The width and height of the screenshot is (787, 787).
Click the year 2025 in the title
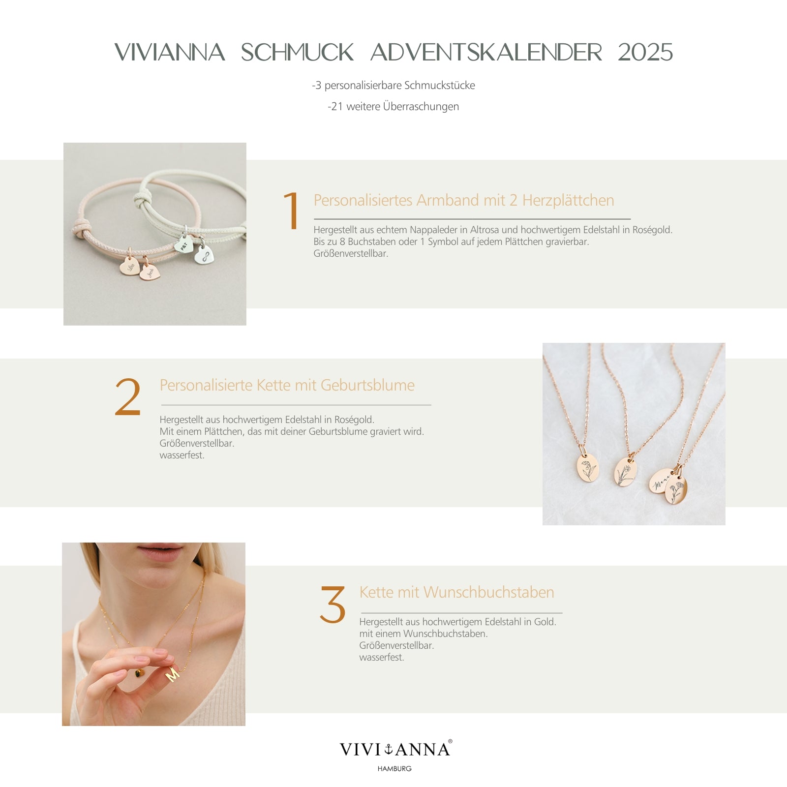pyautogui.click(x=645, y=53)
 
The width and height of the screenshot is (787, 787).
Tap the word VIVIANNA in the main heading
pyautogui.click(x=170, y=53)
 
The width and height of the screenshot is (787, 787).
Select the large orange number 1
pyautogui.click(x=292, y=211)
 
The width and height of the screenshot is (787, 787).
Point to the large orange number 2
pyautogui.click(x=128, y=397)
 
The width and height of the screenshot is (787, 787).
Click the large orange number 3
pyautogui.click(x=333, y=605)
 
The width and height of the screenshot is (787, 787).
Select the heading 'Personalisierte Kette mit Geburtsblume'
pyautogui.click(x=287, y=385)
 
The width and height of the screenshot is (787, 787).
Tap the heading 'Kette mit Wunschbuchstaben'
pyautogui.click(x=456, y=592)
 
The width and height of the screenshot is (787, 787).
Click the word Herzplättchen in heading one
pyautogui.click(x=568, y=200)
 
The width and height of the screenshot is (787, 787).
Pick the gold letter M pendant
pyautogui.click(x=173, y=674)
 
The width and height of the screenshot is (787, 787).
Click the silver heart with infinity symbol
pyautogui.click(x=205, y=255)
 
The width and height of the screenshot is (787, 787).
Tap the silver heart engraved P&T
pyautogui.click(x=184, y=245)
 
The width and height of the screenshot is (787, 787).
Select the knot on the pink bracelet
pyautogui.click(x=81, y=228)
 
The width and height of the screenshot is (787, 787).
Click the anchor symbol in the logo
pyautogui.click(x=388, y=749)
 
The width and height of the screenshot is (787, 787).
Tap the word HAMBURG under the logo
pyautogui.click(x=394, y=769)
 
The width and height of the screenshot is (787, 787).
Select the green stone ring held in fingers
pyautogui.click(x=140, y=672)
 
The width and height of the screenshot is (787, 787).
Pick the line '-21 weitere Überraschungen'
pyautogui.click(x=393, y=107)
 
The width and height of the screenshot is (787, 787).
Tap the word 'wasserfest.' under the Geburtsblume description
pyautogui.click(x=182, y=455)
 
